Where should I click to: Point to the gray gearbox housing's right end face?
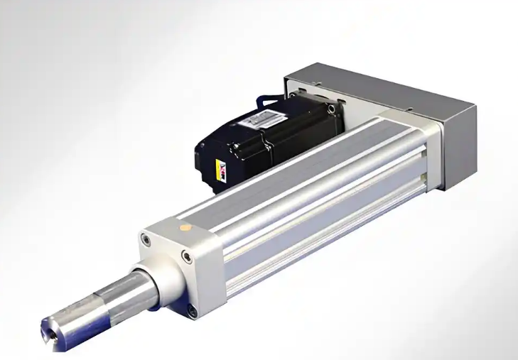[458, 146]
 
